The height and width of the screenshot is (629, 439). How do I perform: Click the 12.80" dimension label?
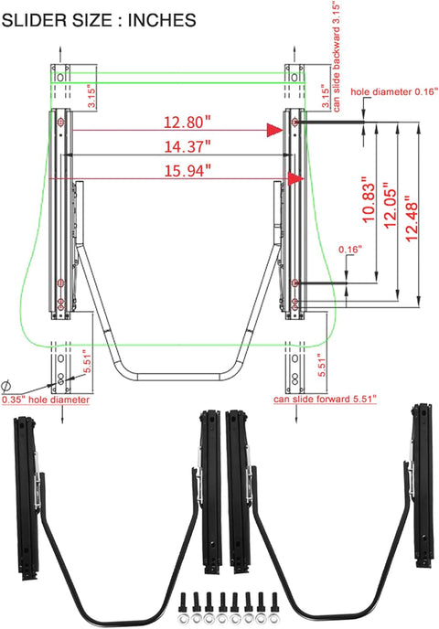pos(187,122)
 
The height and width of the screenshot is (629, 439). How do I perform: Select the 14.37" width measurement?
pos(187,146)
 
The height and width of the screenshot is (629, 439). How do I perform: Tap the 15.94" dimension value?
pos(187,171)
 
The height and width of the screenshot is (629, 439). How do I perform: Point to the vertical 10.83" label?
pos(368,199)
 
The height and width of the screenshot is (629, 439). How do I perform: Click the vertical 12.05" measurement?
pos(390,206)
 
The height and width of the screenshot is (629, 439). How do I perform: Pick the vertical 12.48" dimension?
pos(412,219)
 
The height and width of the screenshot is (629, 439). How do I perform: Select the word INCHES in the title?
pos(162,20)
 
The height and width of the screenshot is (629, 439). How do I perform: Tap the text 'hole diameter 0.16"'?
pos(393,91)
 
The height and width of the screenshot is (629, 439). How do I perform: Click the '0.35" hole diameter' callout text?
pos(46,400)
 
